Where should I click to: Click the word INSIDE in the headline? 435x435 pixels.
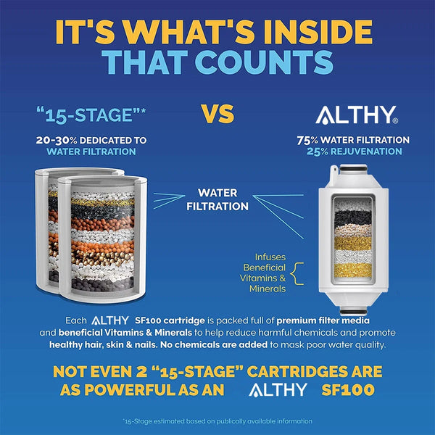point(318,32)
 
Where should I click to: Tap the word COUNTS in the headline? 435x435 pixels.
point(264,62)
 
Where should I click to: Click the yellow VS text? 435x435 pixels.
point(217,114)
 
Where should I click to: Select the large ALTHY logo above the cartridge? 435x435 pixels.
point(357,115)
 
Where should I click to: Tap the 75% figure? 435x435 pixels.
point(307,141)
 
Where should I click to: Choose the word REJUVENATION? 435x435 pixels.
point(366,152)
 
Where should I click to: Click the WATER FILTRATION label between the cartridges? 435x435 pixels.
point(217,199)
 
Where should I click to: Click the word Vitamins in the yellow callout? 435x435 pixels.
point(259,278)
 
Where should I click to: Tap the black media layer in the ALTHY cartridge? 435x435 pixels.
point(353,218)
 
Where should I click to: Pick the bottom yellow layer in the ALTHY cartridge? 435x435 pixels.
point(353,270)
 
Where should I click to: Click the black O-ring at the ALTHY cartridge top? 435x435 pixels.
point(353,168)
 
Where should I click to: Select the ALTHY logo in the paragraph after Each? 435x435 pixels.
point(110,320)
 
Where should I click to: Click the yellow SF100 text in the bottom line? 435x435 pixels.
point(348,390)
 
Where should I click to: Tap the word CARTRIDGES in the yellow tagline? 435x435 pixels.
point(297,371)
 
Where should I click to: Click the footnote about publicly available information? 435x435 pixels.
point(217,421)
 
